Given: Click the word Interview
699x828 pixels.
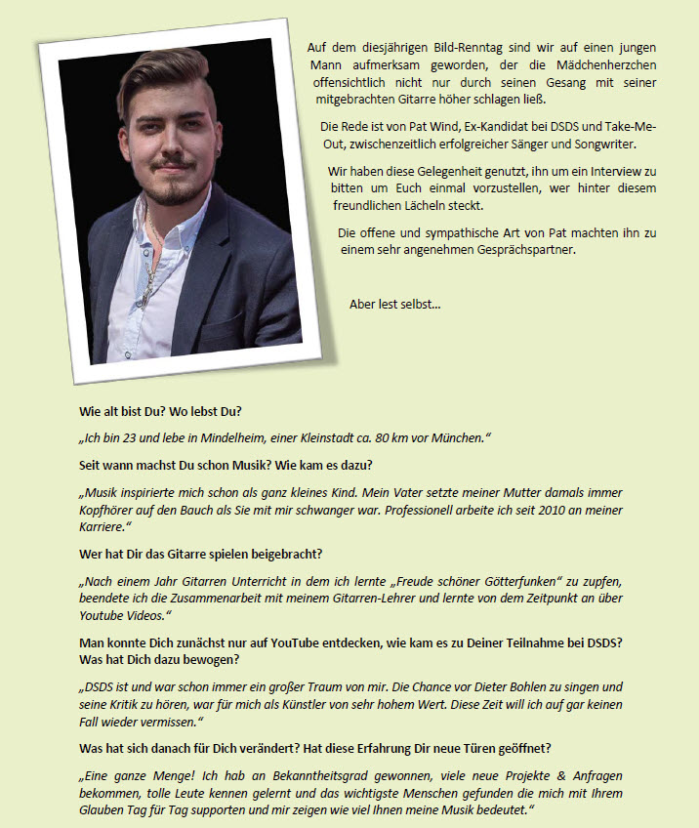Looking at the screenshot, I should pyautogui.click(x=595, y=171).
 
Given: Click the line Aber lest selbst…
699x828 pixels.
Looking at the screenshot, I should pyautogui.click(x=394, y=304).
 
